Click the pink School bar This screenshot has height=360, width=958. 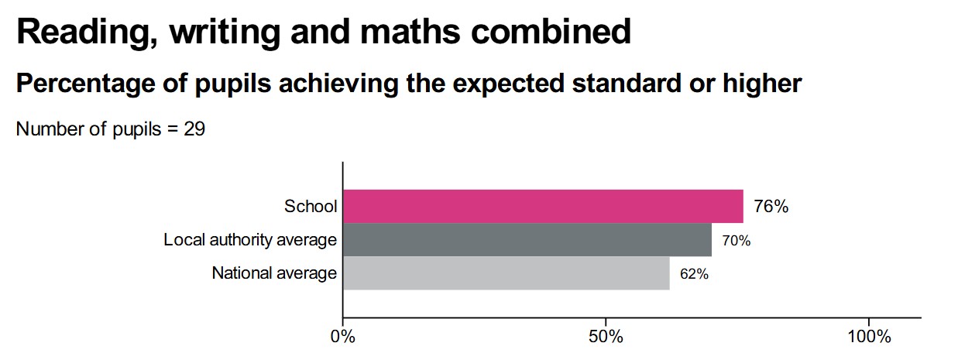pyautogui.click(x=542, y=206)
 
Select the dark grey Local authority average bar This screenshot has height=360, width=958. pyautogui.click(x=527, y=240)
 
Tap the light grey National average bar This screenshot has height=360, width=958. pyautogui.click(x=506, y=273)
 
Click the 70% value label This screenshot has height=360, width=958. pyautogui.click(x=736, y=241)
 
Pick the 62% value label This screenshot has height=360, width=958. pyautogui.click(x=693, y=274)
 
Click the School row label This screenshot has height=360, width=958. pyautogui.click(x=311, y=207)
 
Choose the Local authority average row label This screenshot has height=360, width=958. pyautogui.click(x=250, y=240)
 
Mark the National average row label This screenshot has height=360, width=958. pyautogui.click(x=274, y=273)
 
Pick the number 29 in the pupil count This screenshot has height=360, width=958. pyautogui.click(x=194, y=129)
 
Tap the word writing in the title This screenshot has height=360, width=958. pyautogui.click(x=201, y=32)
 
